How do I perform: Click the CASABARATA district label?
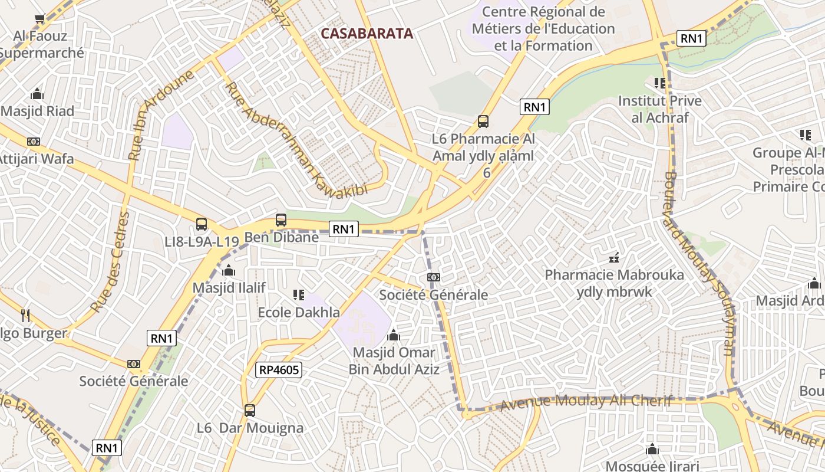(x=367, y=34)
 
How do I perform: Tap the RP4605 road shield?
(x=278, y=370)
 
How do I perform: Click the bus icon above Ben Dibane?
(x=281, y=220)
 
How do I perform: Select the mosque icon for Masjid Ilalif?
(x=229, y=271)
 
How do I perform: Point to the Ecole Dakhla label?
(x=299, y=312)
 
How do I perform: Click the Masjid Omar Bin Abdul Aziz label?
(x=394, y=360)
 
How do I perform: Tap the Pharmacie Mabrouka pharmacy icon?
(x=614, y=258)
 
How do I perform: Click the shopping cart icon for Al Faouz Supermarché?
(x=40, y=19)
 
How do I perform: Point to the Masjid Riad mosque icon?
(x=37, y=94)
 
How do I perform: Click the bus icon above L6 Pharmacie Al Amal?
(x=483, y=122)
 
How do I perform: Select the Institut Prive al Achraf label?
(x=659, y=109)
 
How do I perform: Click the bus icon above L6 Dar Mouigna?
(x=250, y=411)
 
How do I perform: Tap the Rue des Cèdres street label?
(x=110, y=262)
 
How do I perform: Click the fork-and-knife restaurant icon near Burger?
(x=25, y=316)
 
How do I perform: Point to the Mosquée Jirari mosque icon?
(x=652, y=450)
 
